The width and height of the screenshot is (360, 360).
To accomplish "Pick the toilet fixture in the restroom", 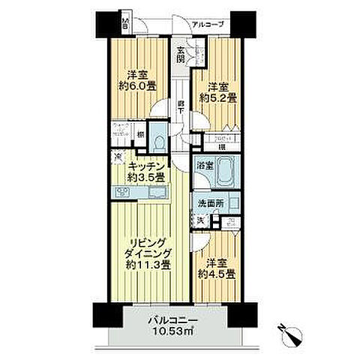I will tap(158, 142).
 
